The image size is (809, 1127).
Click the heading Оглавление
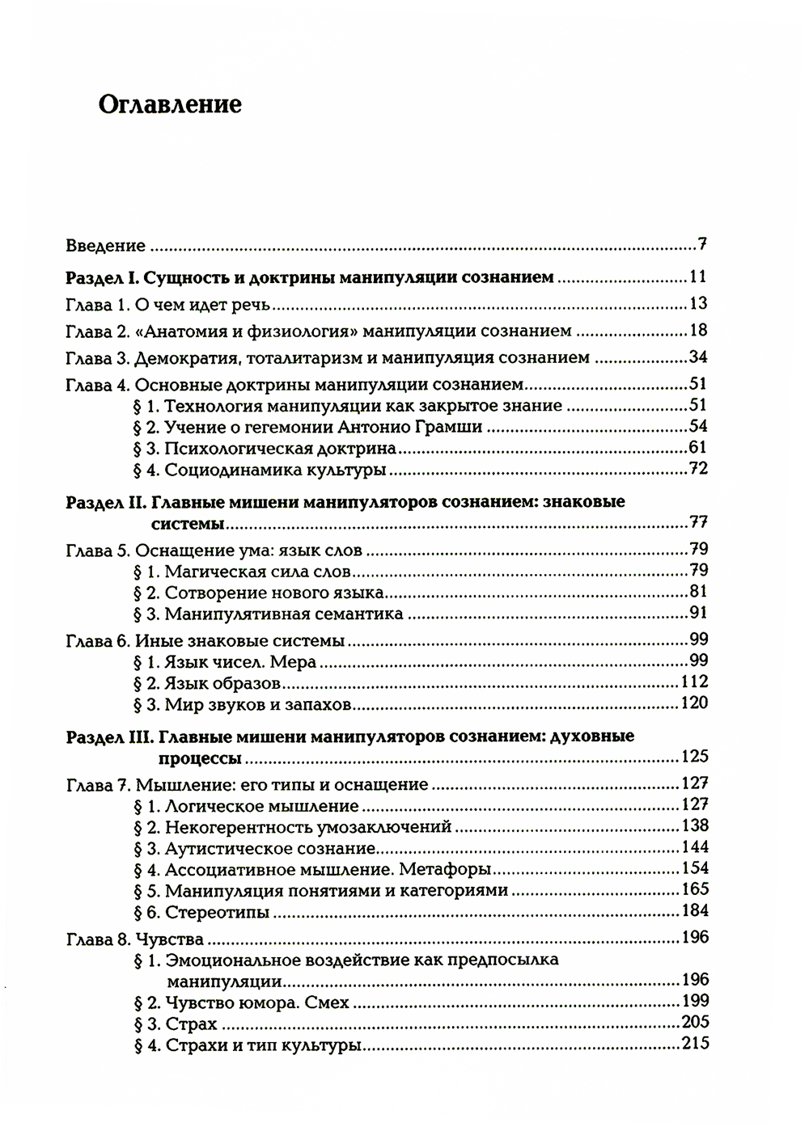[169, 105]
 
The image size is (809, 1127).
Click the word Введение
[106, 246]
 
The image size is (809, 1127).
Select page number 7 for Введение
[702, 244]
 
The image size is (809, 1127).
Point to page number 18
[698, 330]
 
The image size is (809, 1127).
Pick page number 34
[698, 357]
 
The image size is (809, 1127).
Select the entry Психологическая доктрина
[280, 448]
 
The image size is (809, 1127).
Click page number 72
[698, 468]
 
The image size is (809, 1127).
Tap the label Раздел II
[104, 502]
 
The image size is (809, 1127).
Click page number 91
[698, 612]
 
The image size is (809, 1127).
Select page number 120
[694, 703]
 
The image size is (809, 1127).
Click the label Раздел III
[107, 737]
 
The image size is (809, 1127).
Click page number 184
[694, 910]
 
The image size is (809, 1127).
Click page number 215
[694, 1043]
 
